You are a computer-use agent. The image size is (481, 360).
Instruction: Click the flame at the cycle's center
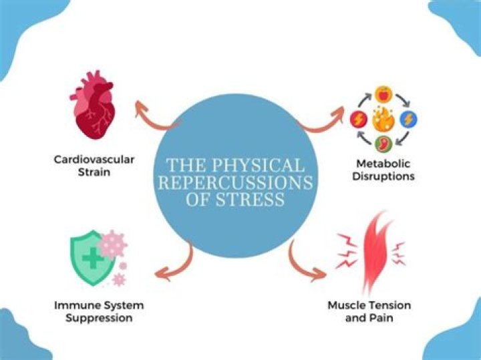click(x=383, y=121)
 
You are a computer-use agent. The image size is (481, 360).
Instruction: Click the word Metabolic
click(x=383, y=164)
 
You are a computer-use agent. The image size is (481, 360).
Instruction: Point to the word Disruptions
click(x=383, y=177)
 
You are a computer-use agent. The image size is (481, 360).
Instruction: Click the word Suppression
click(x=99, y=319)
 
